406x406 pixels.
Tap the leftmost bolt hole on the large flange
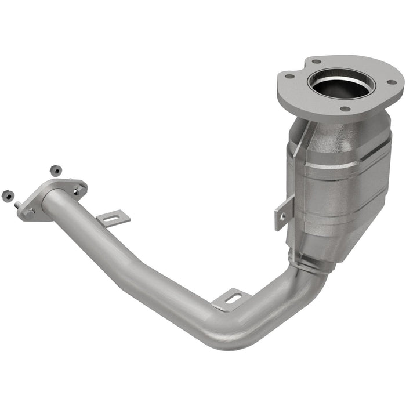point(288,75)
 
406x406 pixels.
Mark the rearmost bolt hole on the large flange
point(316,60)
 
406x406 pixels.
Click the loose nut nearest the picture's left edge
point(8,195)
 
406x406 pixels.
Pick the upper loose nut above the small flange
point(56,171)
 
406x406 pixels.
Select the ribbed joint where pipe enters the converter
point(310,264)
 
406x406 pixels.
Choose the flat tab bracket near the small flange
point(113,219)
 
